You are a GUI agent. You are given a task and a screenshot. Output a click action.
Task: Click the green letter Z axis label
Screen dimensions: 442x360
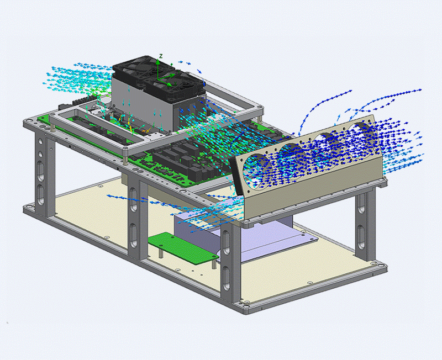[161, 56]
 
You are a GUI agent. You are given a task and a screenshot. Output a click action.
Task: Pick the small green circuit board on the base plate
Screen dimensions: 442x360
[183, 248]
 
